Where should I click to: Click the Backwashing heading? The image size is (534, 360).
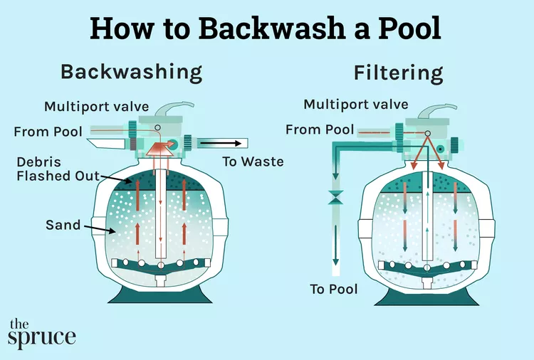click(132, 72)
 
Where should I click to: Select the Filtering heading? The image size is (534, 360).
click(398, 73)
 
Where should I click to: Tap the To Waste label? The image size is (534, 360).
click(253, 162)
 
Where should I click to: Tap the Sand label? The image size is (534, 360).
click(63, 225)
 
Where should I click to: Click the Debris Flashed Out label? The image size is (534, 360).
click(57, 169)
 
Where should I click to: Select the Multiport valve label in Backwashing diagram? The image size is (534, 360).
click(96, 107)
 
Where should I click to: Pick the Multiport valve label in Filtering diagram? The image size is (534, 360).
click(356, 105)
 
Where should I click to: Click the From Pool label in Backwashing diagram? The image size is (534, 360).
click(48, 131)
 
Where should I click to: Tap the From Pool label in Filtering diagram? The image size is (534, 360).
click(319, 129)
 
